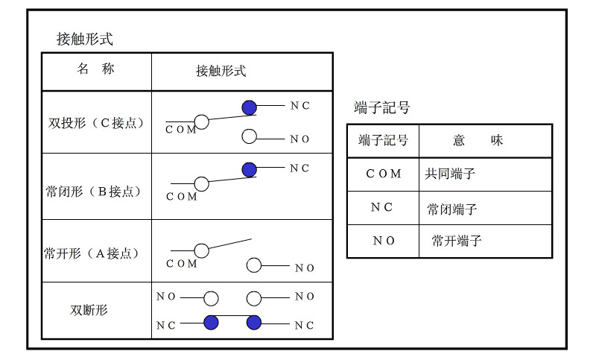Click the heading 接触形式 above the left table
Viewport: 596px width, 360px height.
click(85, 39)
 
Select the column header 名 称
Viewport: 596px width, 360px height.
click(96, 69)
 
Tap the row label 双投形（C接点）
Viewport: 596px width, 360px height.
click(96, 122)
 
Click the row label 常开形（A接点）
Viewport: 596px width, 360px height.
click(92, 253)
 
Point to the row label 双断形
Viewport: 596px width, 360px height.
click(89, 309)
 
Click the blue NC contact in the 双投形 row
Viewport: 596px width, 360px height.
click(250, 107)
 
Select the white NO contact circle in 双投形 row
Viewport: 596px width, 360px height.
click(250, 136)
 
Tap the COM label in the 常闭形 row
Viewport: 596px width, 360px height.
click(182, 197)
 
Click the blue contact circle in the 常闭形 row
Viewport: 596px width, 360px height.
click(250, 169)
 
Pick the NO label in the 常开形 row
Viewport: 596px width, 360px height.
click(305, 268)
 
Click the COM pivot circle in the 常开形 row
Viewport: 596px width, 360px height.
click(200, 250)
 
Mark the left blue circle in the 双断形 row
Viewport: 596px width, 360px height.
click(211, 323)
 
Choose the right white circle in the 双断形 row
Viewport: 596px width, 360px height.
click(254, 298)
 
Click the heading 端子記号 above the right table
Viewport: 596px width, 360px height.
click(382, 108)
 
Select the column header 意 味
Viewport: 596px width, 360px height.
click(478, 140)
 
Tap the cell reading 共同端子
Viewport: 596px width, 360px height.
click(450, 174)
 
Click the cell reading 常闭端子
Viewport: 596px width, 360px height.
click(452, 209)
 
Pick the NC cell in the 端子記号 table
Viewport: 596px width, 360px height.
click(381, 208)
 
